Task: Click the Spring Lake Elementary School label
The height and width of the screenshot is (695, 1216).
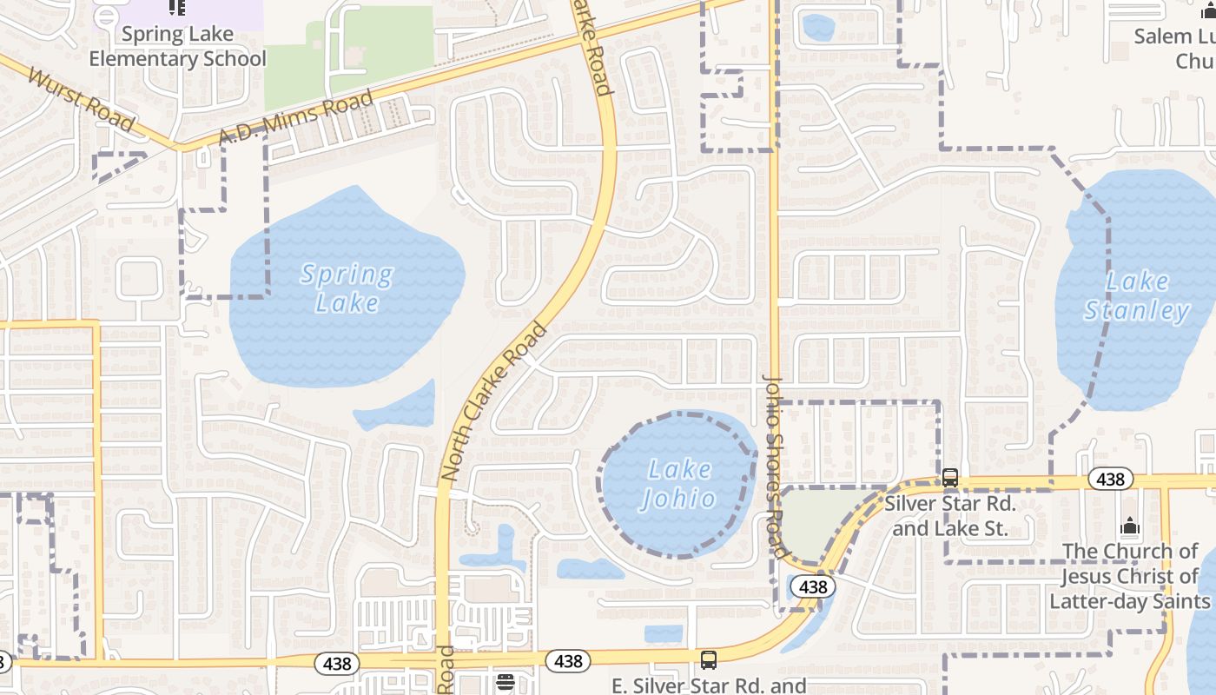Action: tap(177, 47)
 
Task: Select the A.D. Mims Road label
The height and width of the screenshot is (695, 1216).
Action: tap(295, 118)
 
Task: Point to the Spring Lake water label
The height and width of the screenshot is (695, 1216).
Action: tap(347, 288)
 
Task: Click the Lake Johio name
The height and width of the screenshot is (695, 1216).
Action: tap(679, 484)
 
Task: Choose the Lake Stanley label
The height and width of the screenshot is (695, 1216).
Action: tap(1137, 296)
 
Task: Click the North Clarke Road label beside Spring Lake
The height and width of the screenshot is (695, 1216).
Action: tap(494, 401)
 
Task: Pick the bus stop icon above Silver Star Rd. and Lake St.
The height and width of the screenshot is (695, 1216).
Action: tap(950, 477)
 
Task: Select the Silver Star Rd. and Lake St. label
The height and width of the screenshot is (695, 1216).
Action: tap(950, 516)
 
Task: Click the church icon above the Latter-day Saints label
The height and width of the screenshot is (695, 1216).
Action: tap(1129, 526)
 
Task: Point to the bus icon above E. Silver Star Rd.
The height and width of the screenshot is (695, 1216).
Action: tap(709, 659)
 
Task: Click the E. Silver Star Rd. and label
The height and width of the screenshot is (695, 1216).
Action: tap(709, 685)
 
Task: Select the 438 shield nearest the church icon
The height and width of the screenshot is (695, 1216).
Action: tap(1110, 479)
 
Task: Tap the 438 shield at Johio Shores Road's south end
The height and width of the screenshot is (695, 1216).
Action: tap(813, 587)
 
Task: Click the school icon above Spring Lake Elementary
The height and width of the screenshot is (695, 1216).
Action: tap(177, 8)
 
